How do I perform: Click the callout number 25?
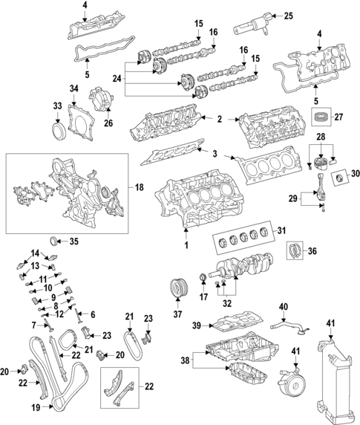pos(288,16)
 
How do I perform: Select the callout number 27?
pos(339,117)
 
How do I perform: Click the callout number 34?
pos(73,90)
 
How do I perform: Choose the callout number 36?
pos(312,252)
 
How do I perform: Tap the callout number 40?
pos(283,307)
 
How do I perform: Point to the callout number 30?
pos(354,174)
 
